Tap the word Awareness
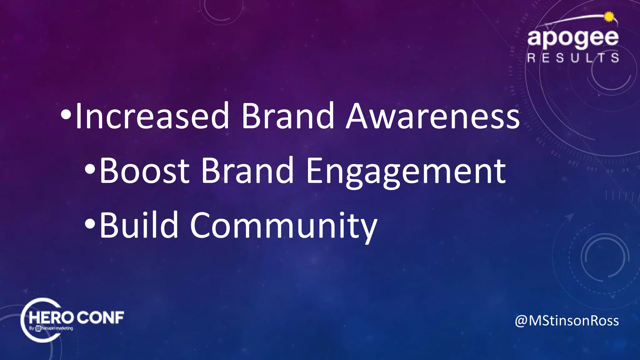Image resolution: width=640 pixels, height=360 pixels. [x=433, y=116]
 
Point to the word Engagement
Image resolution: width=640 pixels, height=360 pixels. [x=406, y=171]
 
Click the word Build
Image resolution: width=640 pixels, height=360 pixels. [x=139, y=225]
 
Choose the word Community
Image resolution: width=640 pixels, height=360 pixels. [x=284, y=226]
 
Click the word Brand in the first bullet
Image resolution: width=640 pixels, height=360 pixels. [x=288, y=116]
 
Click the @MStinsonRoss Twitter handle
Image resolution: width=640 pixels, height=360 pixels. [x=567, y=321]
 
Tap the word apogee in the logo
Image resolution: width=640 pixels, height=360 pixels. [x=573, y=38]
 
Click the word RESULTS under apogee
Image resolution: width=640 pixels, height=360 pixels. [x=573, y=58]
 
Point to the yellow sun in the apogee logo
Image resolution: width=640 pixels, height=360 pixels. [x=609, y=17]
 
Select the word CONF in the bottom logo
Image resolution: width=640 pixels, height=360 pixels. [x=100, y=318]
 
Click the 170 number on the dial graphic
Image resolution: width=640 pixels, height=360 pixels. [x=510, y=71]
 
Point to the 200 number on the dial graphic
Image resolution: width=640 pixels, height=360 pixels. [x=525, y=18]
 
